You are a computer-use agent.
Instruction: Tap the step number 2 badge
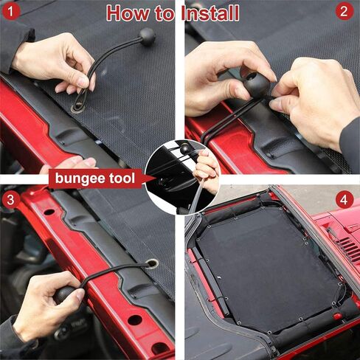(x=344, y=11)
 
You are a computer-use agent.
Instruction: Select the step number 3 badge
(x=10, y=198)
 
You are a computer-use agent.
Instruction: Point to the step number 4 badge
(x=344, y=199)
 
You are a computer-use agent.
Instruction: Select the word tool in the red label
(x=121, y=179)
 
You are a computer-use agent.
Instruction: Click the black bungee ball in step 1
(x=147, y=36)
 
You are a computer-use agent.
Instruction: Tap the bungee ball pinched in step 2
(x=255, y=83)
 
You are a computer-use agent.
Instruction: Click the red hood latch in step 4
(x=338, y=316)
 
